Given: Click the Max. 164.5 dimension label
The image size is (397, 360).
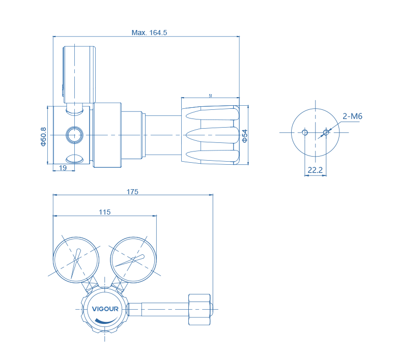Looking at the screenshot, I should pyautogui.click(x=149, y=33).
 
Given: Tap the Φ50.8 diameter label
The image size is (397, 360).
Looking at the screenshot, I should pyautogui.click(x=43, y=135).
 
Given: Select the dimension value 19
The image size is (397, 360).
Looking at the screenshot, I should pyautogui.click(x=63, y=168).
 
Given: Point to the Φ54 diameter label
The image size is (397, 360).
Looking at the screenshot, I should pyautogui.click(x=245, y=136).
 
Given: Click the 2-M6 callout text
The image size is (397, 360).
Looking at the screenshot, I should pyautogui.click(x=352, y=116).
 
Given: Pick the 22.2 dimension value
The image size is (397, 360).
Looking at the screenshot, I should pyautogui.click(x=316, y=170).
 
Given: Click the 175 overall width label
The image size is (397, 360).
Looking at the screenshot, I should pyautogui.click(x=132, y=192).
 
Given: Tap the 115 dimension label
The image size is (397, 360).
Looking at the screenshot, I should pyautogui.click(x=104, y=212).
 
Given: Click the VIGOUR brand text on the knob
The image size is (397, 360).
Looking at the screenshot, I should pyautogui.click(x=105, y=308).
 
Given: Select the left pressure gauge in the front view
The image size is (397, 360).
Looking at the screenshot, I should pyautogui.click(x=76, y=259).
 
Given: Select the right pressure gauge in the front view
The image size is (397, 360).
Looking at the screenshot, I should pyautogui.click(x=134, y=259).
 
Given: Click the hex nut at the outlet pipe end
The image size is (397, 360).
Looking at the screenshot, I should pyautogui.click(x=199, y=309).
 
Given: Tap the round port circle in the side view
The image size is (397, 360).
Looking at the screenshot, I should pyautogui.click(x=75, y=135).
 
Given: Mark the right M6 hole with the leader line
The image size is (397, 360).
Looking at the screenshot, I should pyautogui.click(x=326, y=133).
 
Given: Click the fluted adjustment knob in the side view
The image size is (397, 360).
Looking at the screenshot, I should pyautogui.click(x=211, y=135).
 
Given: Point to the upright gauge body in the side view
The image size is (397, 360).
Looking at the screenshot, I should pyautogui.click(x=79, y=74).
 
